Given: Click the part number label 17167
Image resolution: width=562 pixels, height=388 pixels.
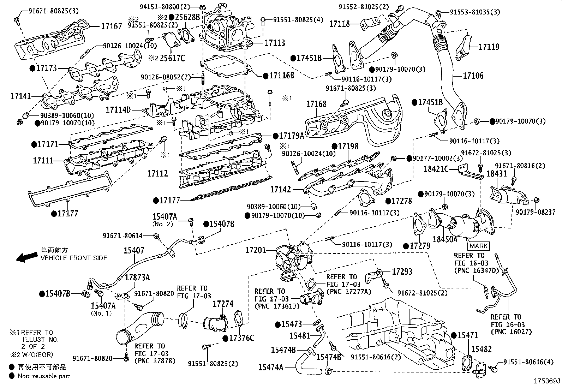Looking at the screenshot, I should click(112, 26).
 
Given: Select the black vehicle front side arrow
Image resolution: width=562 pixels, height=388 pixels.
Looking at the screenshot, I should click(28, 257).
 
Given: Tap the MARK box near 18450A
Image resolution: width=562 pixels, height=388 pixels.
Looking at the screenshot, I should click(479, 246).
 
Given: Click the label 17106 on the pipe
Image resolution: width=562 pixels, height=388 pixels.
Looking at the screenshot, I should click(473, 76).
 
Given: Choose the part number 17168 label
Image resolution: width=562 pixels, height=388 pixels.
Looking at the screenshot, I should click(316, 104).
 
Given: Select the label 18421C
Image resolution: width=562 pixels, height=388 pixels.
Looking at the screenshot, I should click(436, 169).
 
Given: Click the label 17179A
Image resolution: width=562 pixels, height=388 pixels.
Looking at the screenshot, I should click(291, 135).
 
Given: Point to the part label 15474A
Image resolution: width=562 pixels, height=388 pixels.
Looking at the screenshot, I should click(271, 367).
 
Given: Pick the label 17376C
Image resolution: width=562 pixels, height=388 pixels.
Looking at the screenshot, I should click(241, 338).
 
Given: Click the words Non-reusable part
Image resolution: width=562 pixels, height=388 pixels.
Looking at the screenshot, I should click(44, 376).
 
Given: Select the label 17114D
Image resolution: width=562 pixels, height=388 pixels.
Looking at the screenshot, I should click(118, 110).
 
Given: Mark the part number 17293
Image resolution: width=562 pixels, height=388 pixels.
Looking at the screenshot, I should click(402, 271).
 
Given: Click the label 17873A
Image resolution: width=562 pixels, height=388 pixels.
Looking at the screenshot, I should click(137, 277).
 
